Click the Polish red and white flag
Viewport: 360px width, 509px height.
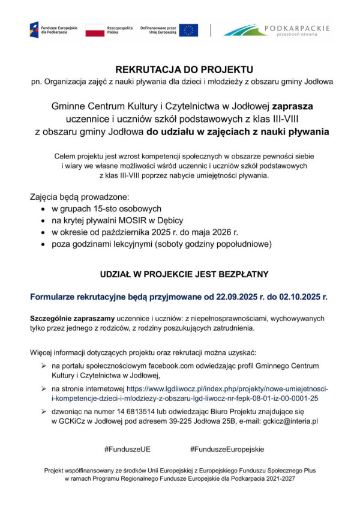click(x=95, y=30)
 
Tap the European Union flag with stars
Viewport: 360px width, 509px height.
click(x=188, y=30)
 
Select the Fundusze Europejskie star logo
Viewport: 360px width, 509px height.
click(x=34, y=29)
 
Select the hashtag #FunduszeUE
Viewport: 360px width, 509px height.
click(x=127, y=449)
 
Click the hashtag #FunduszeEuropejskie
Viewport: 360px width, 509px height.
click(x=227, y=449)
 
